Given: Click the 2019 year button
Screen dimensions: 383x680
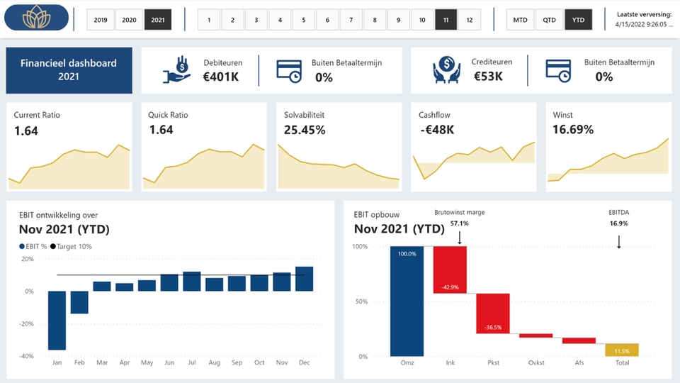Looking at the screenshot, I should (x=101, y=20).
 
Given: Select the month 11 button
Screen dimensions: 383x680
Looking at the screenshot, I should (x=446, y=20).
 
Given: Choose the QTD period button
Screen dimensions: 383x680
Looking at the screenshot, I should (x=549, y=20).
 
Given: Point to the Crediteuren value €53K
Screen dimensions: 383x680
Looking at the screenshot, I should (x=488, y=77).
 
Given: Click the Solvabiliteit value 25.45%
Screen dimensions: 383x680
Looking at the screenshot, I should (x=305, y=131).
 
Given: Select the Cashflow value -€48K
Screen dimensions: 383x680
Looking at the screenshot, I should (x=436, y=131).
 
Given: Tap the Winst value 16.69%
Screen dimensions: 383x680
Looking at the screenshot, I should (x=573, y=131).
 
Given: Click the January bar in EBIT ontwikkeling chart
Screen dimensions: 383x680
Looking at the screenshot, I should (x=57, y=320).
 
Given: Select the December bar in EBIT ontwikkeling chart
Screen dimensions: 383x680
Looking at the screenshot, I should (x=304, y=279).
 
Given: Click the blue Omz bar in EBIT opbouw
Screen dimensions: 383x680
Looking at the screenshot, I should (x=407, y=301).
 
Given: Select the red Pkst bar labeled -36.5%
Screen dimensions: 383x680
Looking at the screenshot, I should (x=493, y=313).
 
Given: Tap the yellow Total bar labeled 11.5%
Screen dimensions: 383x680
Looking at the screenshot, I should (x=622, y=350).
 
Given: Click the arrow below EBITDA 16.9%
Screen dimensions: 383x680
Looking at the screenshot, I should (x=618, y=241).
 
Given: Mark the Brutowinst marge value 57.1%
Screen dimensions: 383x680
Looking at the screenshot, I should (x=459, y=223).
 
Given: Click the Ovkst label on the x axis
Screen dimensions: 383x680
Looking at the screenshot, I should (x=536, y=363).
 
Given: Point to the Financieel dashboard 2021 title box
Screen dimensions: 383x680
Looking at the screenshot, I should (x=69, y=70).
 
